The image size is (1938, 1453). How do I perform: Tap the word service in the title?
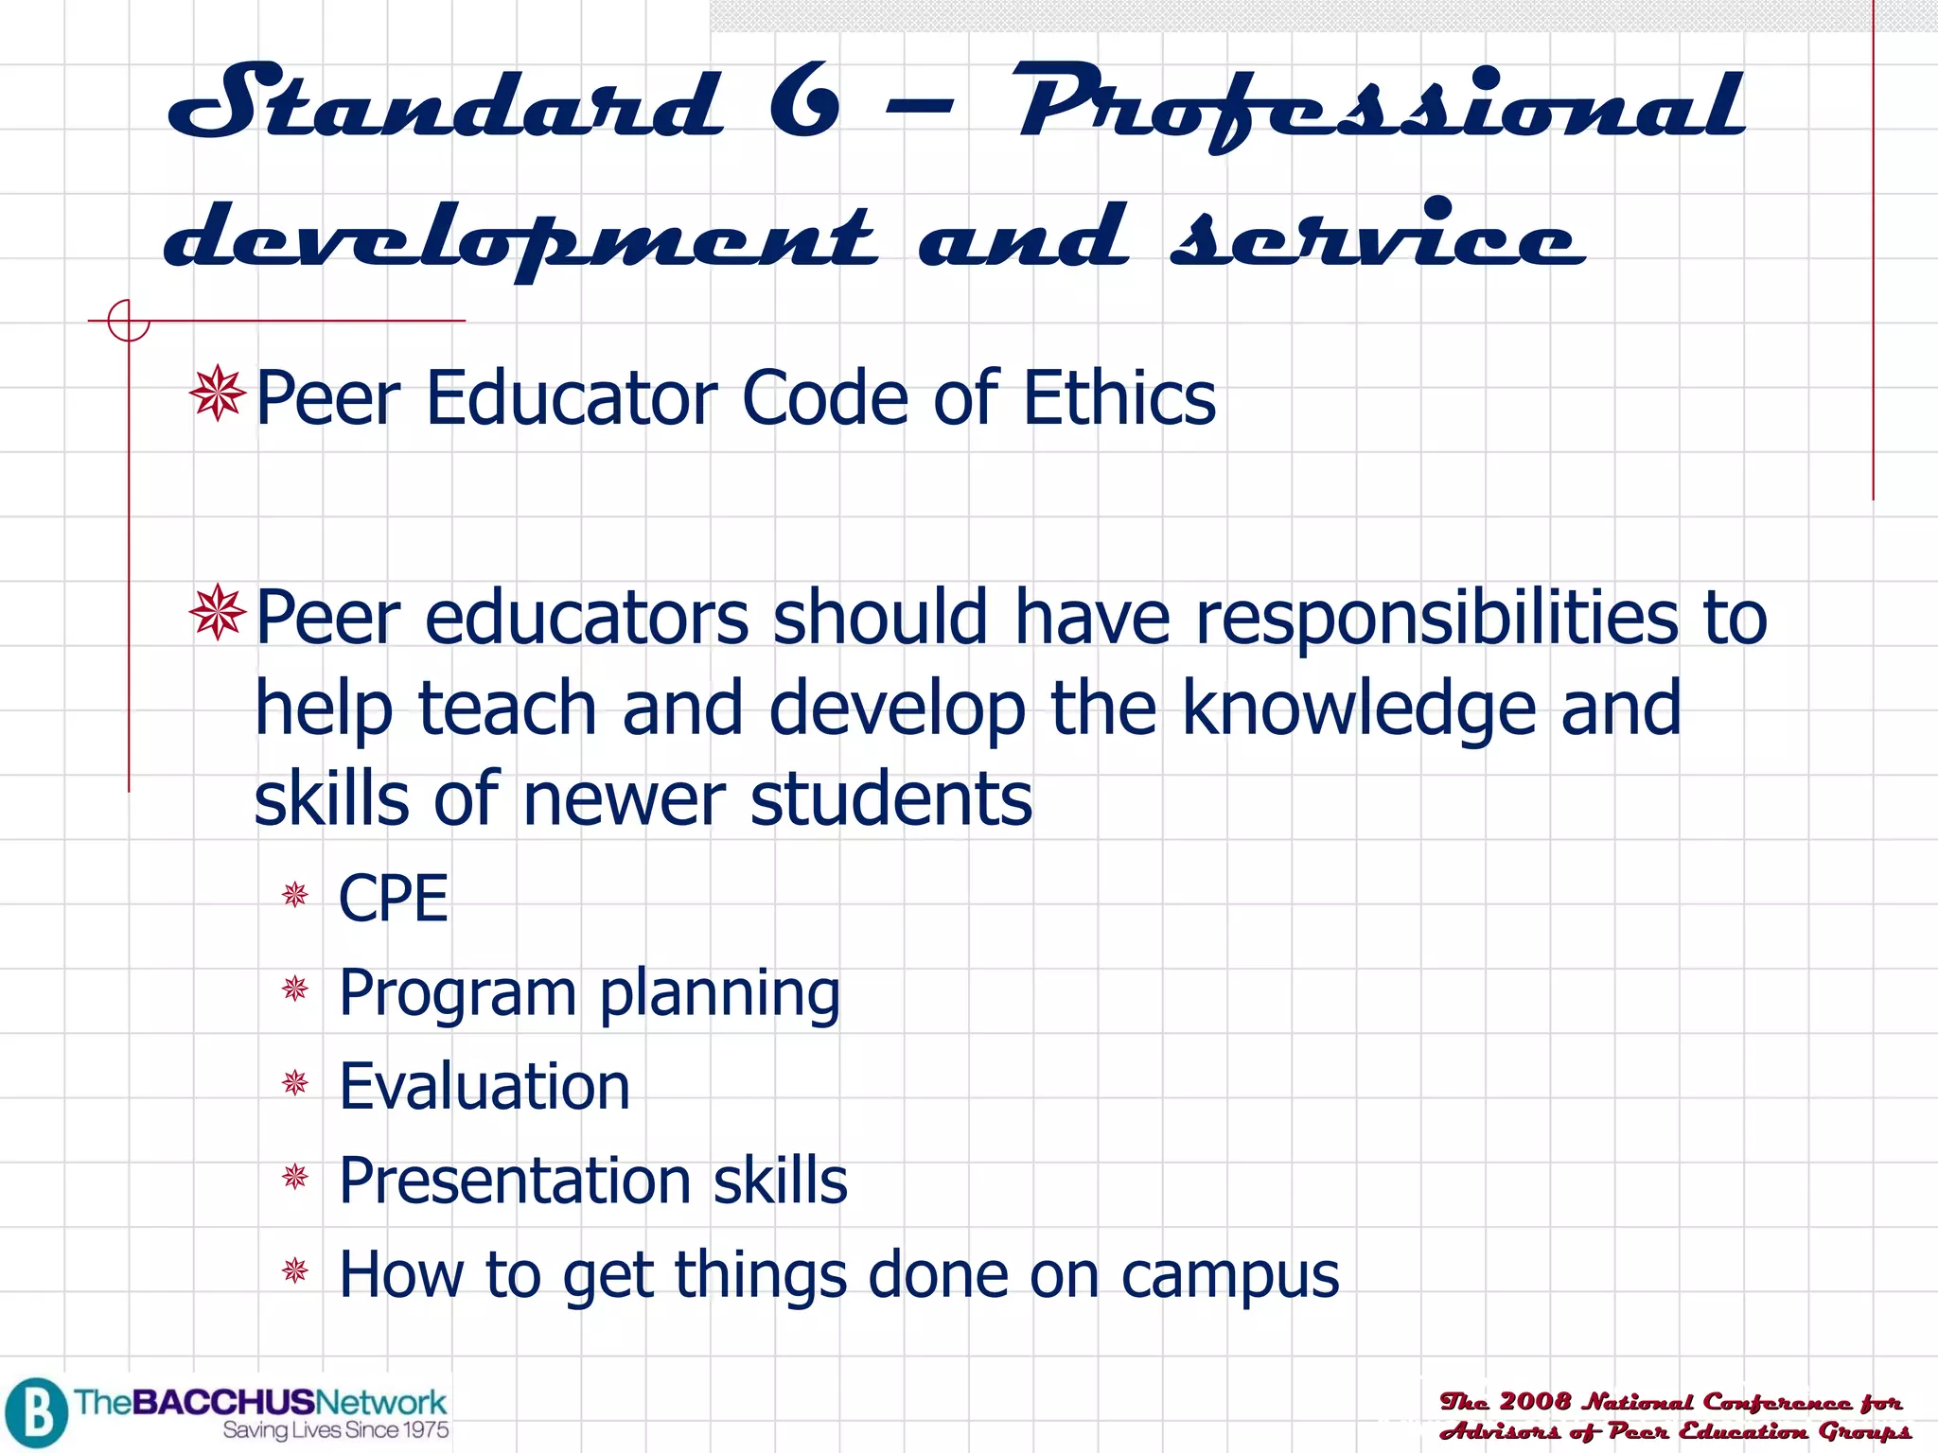click(1377, 236)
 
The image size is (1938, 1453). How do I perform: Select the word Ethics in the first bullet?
click(1119, 398)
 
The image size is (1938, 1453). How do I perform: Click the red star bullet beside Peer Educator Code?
click(218, 393)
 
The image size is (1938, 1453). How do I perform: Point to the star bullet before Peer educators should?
click(218, 612)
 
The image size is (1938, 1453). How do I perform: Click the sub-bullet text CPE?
click(393, 898)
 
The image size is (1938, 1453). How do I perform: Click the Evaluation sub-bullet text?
click(484, 1086)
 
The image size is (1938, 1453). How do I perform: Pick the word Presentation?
click(515, 1181)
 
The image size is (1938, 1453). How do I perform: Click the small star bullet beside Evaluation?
click(295, 1082)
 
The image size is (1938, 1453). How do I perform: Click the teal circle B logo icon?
click(36, 1412)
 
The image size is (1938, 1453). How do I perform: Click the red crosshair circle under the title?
click(129, 320)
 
